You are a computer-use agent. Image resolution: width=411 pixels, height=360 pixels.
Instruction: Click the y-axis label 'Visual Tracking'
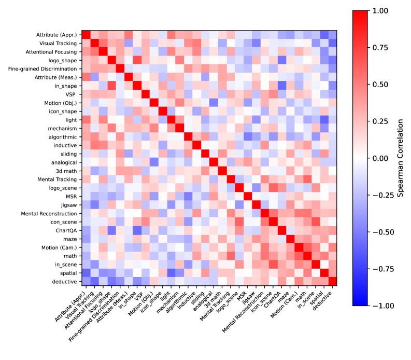[59, 44]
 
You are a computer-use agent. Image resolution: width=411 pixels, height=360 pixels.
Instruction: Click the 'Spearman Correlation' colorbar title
[400, 158]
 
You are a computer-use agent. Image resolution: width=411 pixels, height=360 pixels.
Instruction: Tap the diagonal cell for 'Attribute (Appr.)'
[87, 35]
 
